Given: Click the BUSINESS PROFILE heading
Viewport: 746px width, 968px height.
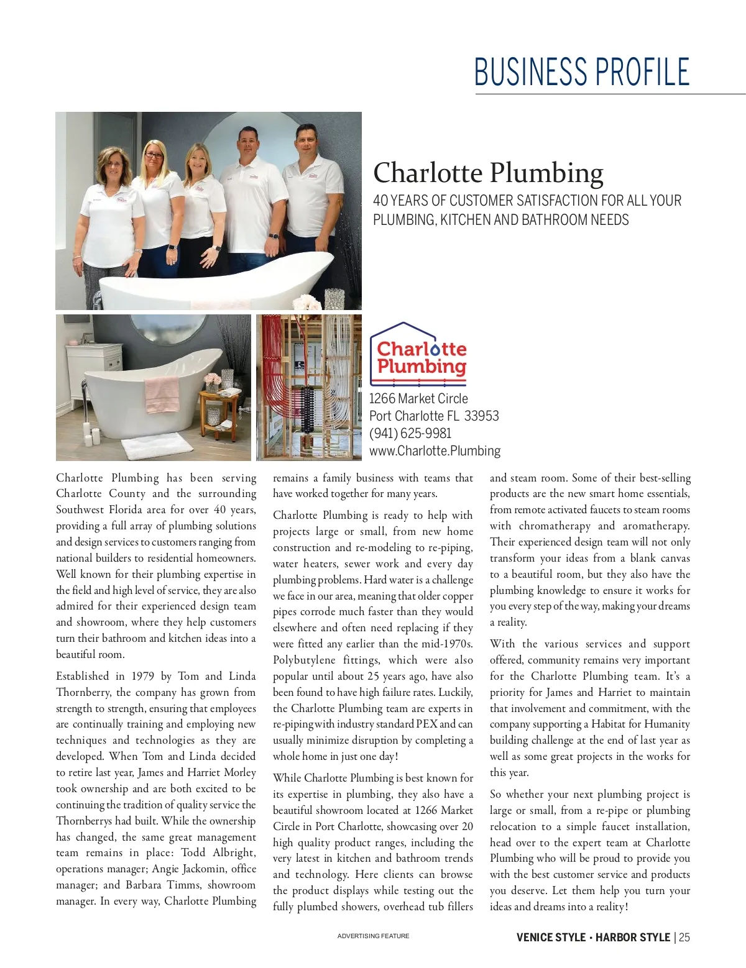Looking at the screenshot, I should [582, 71].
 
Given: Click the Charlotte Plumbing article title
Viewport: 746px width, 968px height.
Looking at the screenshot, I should [488, 173].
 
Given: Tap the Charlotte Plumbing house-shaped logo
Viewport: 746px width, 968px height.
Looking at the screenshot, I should [418, 354].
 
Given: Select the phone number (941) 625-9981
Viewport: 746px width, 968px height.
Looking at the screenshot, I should [410, 433].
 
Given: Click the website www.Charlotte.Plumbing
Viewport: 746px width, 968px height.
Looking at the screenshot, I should [435, 450].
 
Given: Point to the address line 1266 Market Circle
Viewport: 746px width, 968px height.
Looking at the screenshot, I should [418, 398].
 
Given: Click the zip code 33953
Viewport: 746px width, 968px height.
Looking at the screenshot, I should [482, 416].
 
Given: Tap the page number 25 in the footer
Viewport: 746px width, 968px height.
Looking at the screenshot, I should [684, 938].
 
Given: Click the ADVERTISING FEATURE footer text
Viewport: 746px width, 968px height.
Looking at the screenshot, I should [373, 936].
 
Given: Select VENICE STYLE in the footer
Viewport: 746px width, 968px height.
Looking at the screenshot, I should [551, 938].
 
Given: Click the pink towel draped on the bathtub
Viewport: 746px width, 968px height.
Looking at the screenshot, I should [162, 394].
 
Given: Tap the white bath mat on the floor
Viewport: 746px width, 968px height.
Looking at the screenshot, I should [157, 446].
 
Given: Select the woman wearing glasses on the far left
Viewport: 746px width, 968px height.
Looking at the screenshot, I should [112, 211].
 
